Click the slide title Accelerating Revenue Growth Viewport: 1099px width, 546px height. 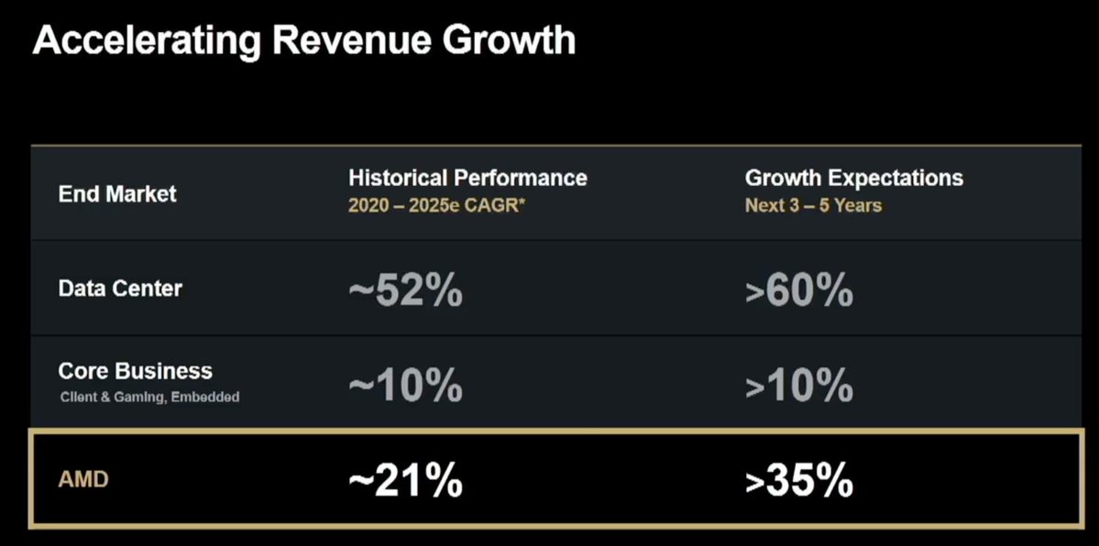coord(304,41)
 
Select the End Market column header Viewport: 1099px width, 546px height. coord(117,194)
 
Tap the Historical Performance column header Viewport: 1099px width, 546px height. coord(467,177)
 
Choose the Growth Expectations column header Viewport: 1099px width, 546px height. coord(853,177)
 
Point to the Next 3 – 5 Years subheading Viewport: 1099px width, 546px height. coord(813,205)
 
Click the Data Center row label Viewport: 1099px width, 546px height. coord(120,289)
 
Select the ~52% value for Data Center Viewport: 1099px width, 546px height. coord(405,291)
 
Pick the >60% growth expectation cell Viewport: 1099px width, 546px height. coord(798,291)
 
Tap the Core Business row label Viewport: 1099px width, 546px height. coord(135,371)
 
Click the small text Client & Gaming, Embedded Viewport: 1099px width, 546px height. coord(149,397)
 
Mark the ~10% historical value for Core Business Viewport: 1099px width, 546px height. coord(405,386)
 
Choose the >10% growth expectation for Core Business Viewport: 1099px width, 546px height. coord(798,386)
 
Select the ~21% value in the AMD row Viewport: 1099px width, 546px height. coord(405,481)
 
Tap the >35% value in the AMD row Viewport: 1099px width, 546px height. coord(798,481)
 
